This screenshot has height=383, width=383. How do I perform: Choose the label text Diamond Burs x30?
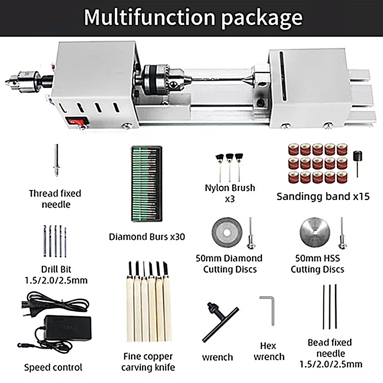(147, 237)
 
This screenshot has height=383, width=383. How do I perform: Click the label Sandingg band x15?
(323, 197)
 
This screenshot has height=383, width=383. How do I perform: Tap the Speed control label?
(53, 368)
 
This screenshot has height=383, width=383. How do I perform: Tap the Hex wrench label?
(269, 352)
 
